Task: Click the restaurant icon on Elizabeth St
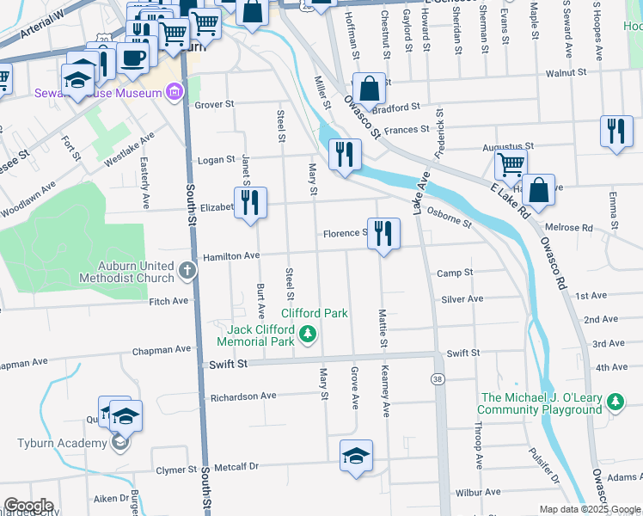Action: coord(251,203)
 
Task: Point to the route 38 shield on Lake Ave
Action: coord(438,378)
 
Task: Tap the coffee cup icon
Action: coord(132,58)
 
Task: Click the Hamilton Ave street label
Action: coord(230,256)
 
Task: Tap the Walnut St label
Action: coord(577,74)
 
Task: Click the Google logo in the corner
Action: coord(28,506)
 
